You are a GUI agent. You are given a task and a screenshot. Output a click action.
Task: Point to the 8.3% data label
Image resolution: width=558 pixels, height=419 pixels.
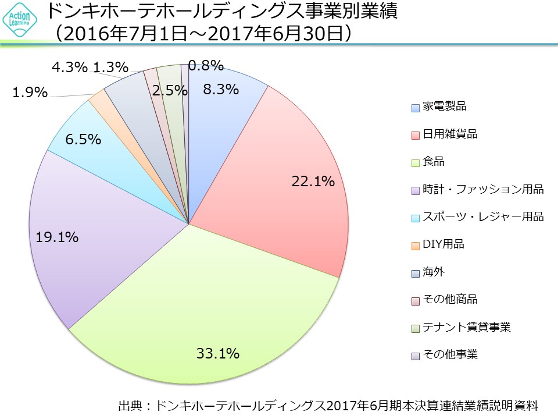[x=221, y=90]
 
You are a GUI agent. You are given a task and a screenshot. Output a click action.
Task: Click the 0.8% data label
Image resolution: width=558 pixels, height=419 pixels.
[x=206, y=66]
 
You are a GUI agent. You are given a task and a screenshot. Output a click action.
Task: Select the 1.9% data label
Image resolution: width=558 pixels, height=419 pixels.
[x=30, y=93]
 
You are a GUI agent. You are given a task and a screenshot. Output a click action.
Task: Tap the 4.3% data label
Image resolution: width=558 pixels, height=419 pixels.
[x=70, y=68]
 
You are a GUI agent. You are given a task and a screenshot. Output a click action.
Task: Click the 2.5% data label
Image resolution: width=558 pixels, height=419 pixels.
[x=170, y=90]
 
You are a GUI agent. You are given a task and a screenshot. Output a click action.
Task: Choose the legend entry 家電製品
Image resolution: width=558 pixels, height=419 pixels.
[x=444, y=106]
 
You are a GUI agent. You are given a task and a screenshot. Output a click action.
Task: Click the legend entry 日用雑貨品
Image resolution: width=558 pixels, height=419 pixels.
[x=450, y=134]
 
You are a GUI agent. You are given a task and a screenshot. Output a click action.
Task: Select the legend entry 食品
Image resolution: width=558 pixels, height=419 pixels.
[x=434, y=162]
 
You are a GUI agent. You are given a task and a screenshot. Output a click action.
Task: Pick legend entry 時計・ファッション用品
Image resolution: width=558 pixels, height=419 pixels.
[x=483, y=189]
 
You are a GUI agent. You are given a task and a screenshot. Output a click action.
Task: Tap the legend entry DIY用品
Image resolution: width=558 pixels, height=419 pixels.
[x=443, y=244]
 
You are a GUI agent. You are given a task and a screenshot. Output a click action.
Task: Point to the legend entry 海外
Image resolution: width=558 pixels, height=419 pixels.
[x=434, y=272]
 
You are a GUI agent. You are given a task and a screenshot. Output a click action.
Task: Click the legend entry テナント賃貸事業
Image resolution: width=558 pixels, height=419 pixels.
[x=467, y=327]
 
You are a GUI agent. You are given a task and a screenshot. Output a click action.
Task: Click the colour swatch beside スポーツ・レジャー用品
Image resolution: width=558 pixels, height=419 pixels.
[x=415, y=218]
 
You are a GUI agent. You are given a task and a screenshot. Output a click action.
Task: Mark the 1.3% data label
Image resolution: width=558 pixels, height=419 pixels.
[x=110, y=68]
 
